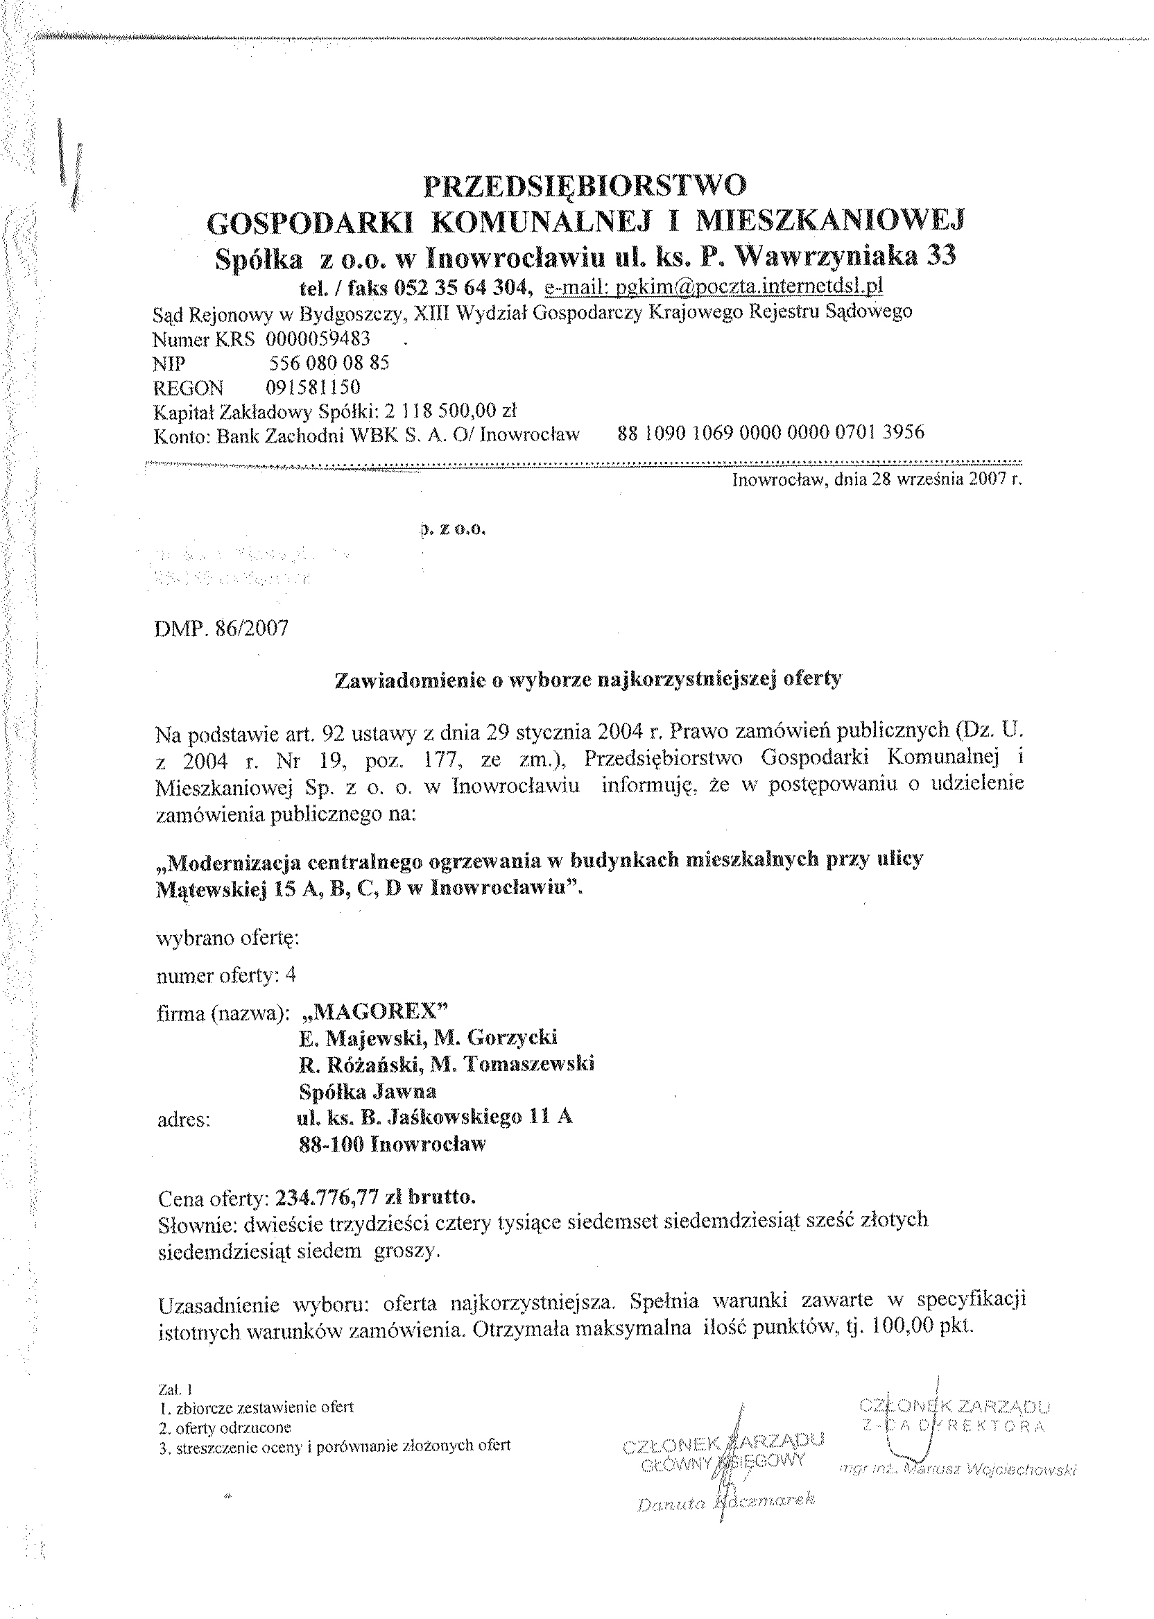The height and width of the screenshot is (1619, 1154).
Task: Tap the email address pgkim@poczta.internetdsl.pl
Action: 714,286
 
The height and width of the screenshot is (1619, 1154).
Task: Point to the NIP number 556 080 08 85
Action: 329,363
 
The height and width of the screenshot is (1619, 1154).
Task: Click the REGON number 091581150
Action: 313,387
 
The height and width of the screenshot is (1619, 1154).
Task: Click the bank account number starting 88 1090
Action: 771,432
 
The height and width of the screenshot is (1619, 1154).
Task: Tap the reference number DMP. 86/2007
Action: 222,629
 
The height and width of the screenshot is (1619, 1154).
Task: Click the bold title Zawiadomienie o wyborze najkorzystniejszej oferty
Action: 587,678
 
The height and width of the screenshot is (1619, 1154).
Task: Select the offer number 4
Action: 290,975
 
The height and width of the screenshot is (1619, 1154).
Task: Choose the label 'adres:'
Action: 182,1121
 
